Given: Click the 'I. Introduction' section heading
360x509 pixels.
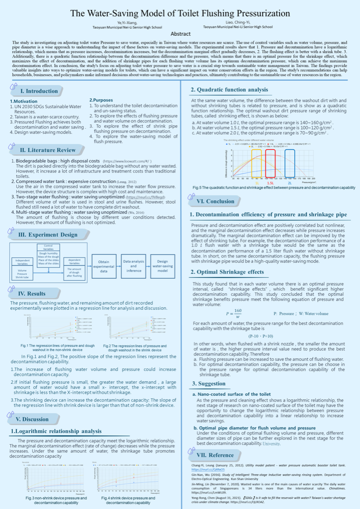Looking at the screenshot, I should (39, 91).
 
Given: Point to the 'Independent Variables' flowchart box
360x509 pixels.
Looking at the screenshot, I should (22, 262).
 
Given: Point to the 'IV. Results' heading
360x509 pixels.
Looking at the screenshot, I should (32, 294).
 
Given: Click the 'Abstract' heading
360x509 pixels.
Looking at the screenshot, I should (180, 34).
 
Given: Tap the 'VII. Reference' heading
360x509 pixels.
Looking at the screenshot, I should (215, 455).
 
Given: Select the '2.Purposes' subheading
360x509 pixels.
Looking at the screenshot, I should (100, 100).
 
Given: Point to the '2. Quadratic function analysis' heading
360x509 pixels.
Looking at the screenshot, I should (230, 90).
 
